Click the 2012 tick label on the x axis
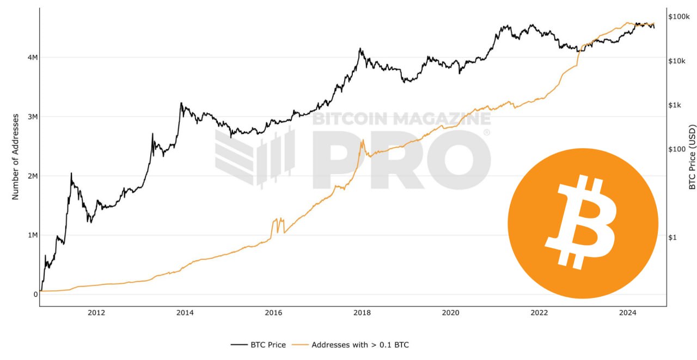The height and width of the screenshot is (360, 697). click(x=96, y=313)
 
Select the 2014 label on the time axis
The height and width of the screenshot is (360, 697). click(x=185, y=313)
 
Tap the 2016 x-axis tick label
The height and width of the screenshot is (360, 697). click(x=273, y=313)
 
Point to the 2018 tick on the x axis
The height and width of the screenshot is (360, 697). click(x=362, y=313)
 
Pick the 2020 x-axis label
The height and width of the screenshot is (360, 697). click(x=451, y=313)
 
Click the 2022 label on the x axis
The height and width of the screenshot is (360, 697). click(x=539, y=313)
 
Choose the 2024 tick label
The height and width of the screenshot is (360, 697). click(x=628, y=313)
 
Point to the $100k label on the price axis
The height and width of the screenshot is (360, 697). click(x=679, y=17)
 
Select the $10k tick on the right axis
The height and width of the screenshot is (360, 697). click(x=677, y=61)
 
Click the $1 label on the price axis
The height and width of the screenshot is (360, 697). click(x=672, y=237)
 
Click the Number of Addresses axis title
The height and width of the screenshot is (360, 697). click(x=16, y=157)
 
